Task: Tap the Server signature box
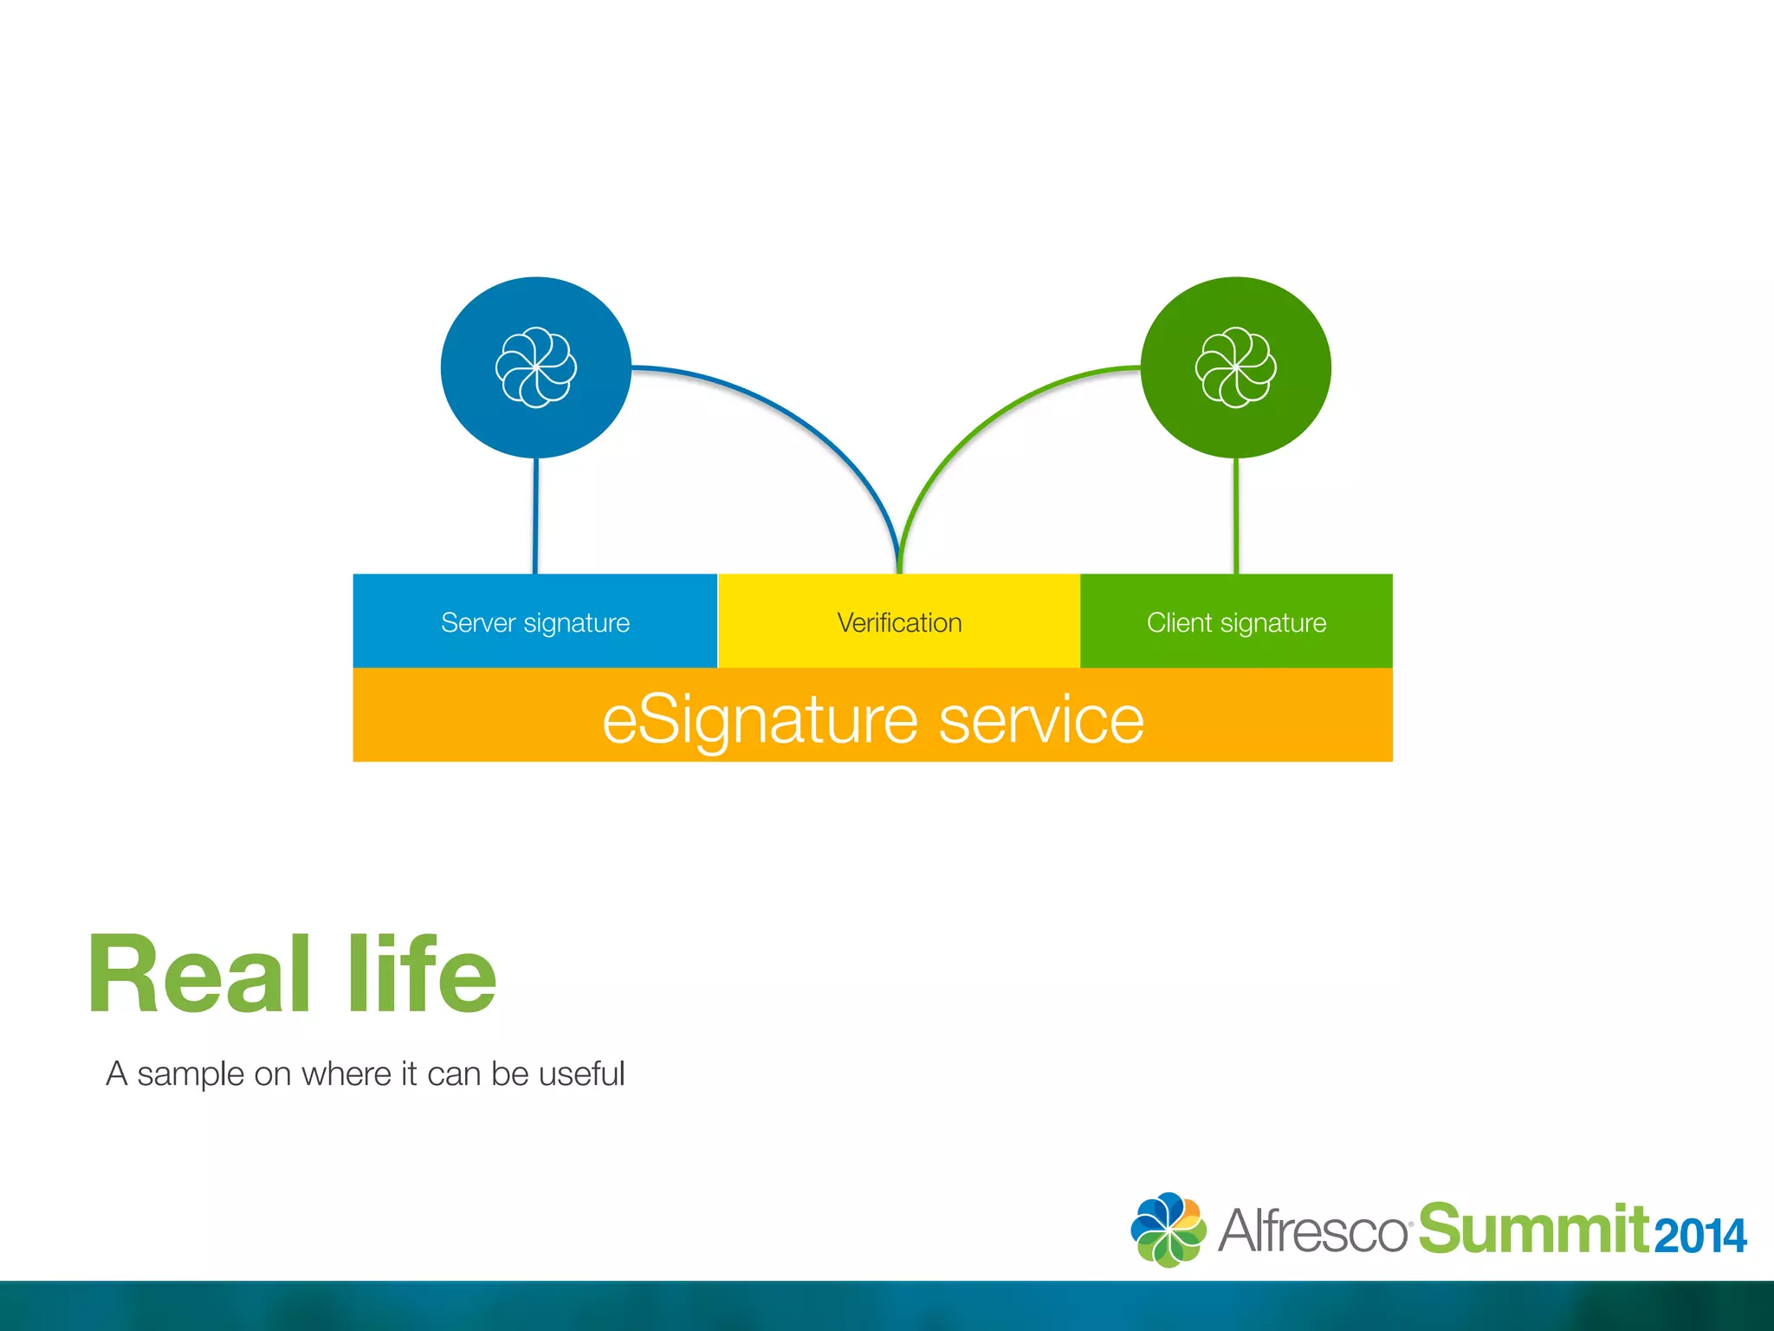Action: (535, 621)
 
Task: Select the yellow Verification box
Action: (899, 621)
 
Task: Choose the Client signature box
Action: (1236, 621)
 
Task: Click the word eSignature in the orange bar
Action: (759, 720)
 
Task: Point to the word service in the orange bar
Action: (1041, 720)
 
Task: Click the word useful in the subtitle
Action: (581, 1075)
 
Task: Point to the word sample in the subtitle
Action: (191, 1075)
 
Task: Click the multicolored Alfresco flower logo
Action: (1168, 1230)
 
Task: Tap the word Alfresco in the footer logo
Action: (1312, 1230)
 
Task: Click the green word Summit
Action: (1531, 1229)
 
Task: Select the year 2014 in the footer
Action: (1700, 1237)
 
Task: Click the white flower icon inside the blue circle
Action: (536, 367)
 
